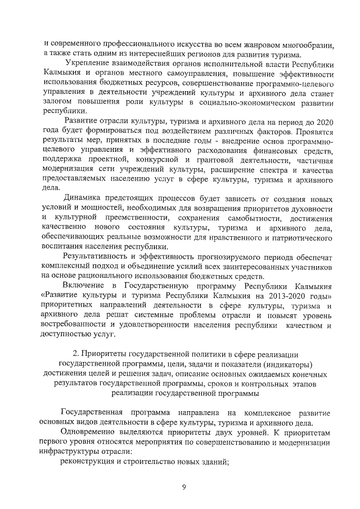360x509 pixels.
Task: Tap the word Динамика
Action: tap(84, 197)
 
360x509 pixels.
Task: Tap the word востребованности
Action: tap(78, 326)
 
